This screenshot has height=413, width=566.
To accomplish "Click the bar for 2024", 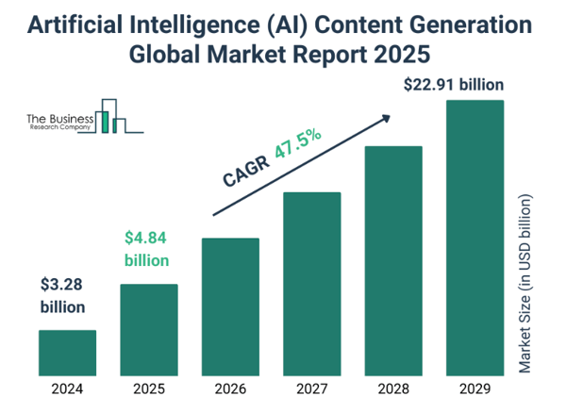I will click(x=67, y=353).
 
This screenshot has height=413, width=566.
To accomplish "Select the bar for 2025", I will click(x=148, y=329).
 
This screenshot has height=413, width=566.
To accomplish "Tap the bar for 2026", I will click(x=230, y=306).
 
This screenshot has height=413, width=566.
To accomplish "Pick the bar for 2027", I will click(x=311, y=284).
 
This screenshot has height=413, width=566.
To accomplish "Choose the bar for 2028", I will click(x=393, y=260).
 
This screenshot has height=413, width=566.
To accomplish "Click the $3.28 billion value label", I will click(x=62, y=294).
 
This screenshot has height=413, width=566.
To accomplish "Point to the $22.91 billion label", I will click(x=453, y=85).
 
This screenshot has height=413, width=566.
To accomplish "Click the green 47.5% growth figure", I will click(x=298, y=144).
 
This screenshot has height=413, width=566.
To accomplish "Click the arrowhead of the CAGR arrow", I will click(x=385, y=119).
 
